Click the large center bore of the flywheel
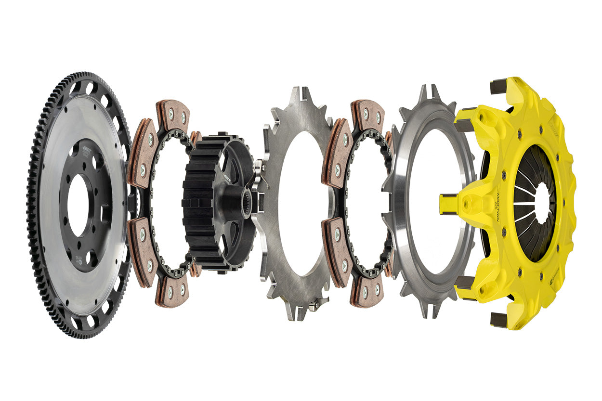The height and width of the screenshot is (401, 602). (x=78, y=205)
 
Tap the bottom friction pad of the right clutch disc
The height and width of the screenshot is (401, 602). (x=367, y=291)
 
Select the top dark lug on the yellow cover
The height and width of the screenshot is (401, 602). (x=498, y=86)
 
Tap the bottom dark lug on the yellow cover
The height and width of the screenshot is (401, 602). (x=499, y=320)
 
